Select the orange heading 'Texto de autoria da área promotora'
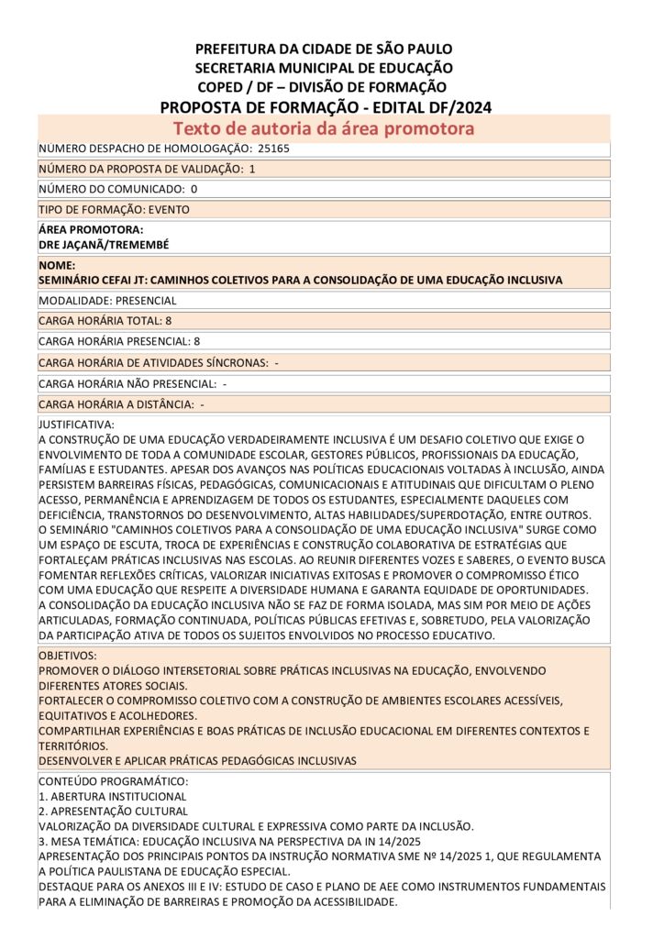pyautogui.click(x=324, y=128)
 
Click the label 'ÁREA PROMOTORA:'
pyautogui.click(x=92, y=230)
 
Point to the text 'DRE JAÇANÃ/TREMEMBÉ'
pyautogui.click(x=104, y=245)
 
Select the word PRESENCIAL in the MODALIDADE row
pyautogui.click(x=145, y=301)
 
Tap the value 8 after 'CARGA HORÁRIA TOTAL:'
pyautogui.click(x=169, y=321)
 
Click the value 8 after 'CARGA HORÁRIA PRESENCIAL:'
pyautogui.click(x=197, y=341)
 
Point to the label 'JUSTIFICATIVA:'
pyautogui.click(x=77, y=425)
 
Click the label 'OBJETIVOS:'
pyautogui.click(x=69, y=657)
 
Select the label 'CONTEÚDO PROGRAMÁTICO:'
pyautogui.click(x=113, y=781)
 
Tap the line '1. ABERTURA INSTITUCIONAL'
pyautogui.click(x=112, y=796)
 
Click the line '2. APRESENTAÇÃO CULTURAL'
pyautogui.click(x=113, y=811)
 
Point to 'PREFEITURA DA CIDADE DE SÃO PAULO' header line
pyautogui.click(x=324, y=49)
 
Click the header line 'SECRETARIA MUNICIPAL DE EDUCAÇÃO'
pyautogui.click(x=324, y=68)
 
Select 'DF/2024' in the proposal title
pyautogui.click(x=458, y=107)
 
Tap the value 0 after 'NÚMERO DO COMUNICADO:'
pyautogui.click(x=194, y=189)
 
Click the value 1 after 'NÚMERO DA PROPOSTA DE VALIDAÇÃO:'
pyautogui.click(x=252, y=169)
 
